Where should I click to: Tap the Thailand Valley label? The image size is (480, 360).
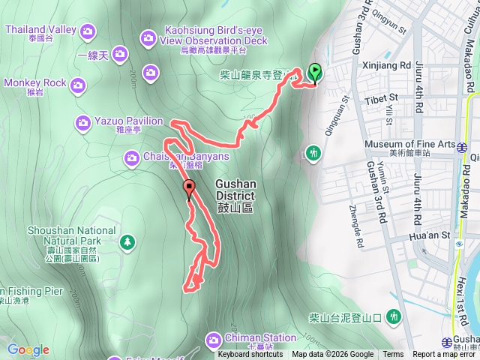[x=41, y=30]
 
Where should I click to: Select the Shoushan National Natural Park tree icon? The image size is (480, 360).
[x=127, y=241]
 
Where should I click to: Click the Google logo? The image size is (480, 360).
[x=28, y=349]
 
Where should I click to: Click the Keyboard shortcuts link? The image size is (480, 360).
[x=250, y=355]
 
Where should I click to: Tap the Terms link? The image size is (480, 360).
[x=392, y=355]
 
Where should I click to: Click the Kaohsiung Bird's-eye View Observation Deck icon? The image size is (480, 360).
[x=147, y=37]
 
